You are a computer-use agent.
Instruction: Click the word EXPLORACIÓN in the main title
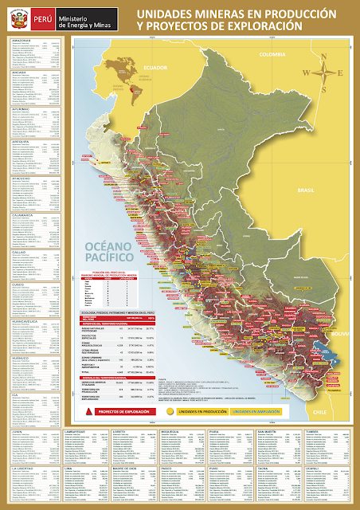(x=264, y=27)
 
